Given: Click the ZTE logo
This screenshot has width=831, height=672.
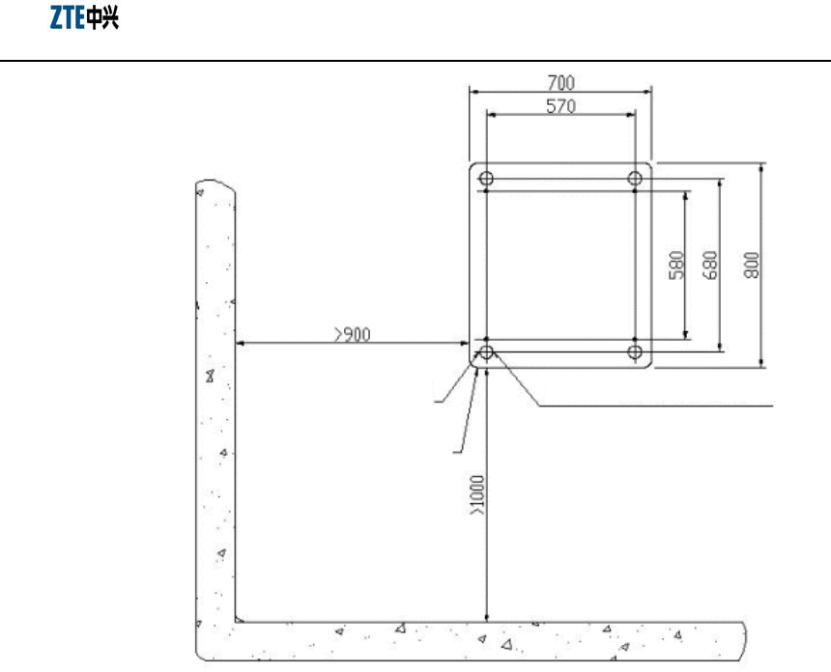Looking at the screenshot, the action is coord(84,17).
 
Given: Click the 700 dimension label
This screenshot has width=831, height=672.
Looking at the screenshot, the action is coord(560,83).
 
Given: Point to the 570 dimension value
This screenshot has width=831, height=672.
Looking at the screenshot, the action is coord(560,106).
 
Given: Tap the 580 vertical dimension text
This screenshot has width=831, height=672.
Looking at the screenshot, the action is coord(676,266).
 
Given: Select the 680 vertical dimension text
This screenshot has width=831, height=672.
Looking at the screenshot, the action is coord(709,266).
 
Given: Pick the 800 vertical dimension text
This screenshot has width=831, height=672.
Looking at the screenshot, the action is coord(752,266).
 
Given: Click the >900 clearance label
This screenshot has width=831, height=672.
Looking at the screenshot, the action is coord(353,335).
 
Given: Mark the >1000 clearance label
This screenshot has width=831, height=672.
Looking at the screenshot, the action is coord(477,494).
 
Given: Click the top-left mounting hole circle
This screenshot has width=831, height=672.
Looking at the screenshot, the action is coord(486,179).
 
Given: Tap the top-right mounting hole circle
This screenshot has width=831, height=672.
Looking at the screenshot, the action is coord(635,179).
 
